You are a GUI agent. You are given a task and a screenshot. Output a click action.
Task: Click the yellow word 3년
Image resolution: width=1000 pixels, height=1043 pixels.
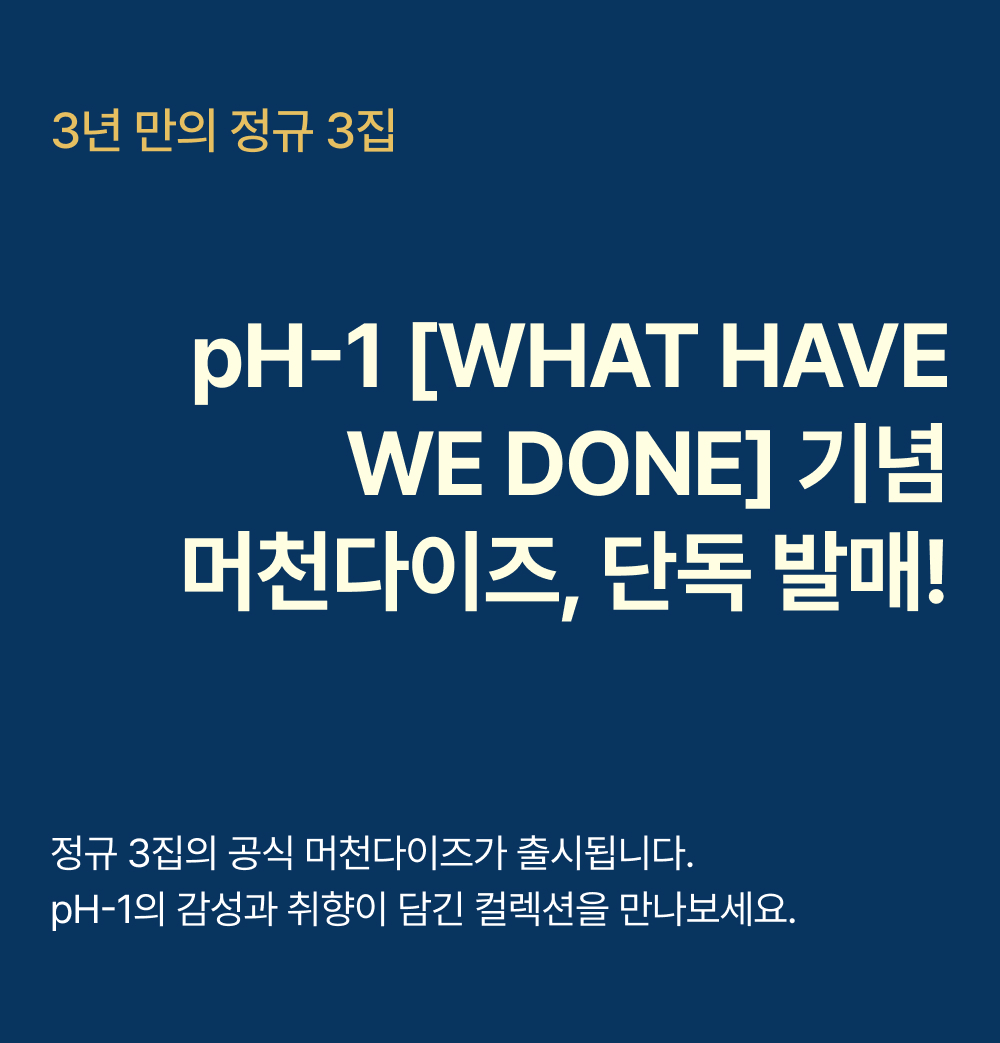86,131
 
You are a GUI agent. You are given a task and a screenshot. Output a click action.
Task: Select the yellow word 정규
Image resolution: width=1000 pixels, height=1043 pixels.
271,131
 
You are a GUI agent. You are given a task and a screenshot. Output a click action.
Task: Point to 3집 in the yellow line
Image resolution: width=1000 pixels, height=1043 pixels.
361,131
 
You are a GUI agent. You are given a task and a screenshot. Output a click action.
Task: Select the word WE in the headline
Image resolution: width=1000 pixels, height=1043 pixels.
416,462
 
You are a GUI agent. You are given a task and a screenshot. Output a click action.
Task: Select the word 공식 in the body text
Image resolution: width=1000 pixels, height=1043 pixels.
260,853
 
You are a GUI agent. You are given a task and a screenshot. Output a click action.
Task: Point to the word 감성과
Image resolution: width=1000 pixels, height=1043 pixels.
226,909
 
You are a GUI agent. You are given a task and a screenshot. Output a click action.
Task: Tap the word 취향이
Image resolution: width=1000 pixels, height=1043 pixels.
336,909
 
